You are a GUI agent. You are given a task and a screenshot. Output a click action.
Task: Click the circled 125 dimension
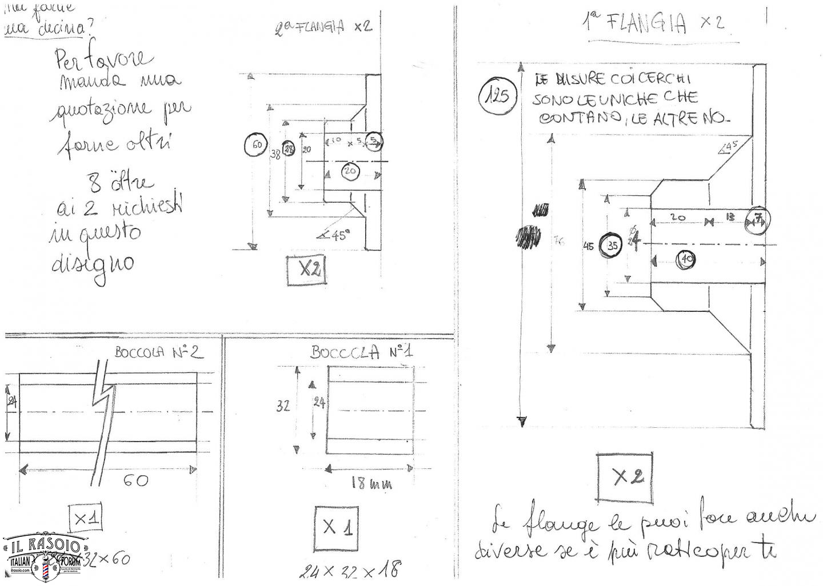pyautogui.click(x=498, y=95)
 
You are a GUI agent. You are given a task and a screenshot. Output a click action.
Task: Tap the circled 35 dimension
pyautogui.click(x=613, y=246)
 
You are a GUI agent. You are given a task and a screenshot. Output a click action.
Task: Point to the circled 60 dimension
pyautogui.click(x=256, y=145)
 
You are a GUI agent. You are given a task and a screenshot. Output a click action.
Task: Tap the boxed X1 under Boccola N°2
pyautogui.click(x=86, y=519)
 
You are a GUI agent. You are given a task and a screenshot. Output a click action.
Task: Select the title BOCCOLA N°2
pyautogui.click(x=158, y=352)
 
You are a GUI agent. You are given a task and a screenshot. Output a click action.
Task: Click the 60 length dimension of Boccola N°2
pyautogui.click(x=136, y=480)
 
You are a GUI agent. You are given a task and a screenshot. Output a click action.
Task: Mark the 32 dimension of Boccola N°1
pyautogui.click(x=283, y=406)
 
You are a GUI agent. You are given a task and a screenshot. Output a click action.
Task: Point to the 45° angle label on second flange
pyautogui.click(x=335, y=235)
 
